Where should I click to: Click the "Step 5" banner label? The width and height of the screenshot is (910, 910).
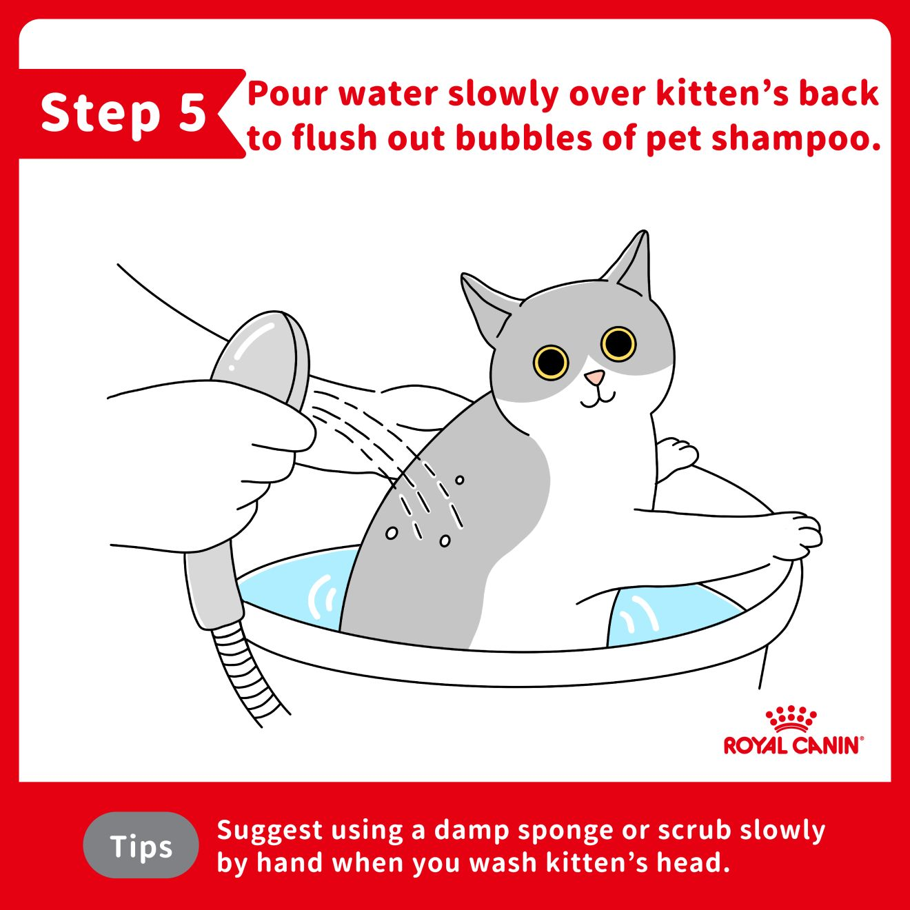click(x=123, y=113)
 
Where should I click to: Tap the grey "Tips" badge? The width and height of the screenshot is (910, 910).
click(x=141, y=846)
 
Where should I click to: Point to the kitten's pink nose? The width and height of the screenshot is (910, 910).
click(x=594, y=377)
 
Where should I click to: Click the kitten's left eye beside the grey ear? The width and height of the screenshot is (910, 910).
click(x=551, y=363)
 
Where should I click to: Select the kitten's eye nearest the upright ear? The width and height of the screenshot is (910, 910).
click(x=618, y=343)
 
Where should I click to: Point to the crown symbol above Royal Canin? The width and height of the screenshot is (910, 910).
click(x=791, y=719)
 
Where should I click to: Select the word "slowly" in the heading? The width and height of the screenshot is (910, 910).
click(x=503, y=94)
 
